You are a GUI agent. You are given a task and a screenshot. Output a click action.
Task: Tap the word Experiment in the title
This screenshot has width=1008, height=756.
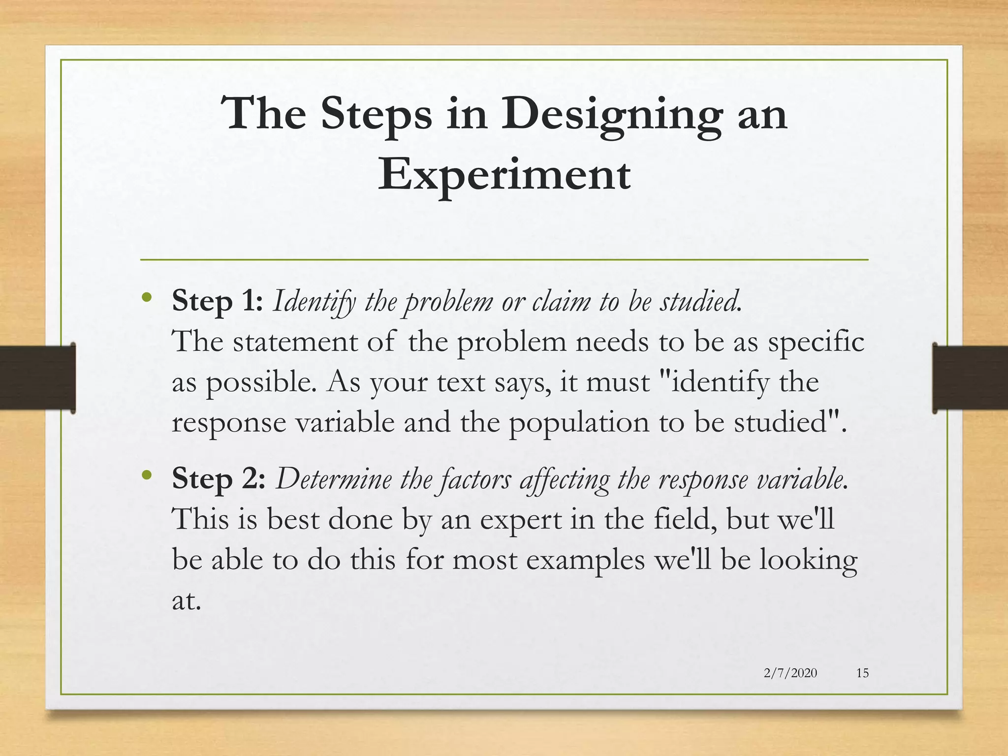pyautogui.click(x=504, y=175)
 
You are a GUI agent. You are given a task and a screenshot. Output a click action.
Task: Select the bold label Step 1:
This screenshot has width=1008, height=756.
pyautogui.click(x=217, y=301)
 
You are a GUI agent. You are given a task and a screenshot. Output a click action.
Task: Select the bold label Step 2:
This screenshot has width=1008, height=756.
pyautogui.click(x=219, y=478)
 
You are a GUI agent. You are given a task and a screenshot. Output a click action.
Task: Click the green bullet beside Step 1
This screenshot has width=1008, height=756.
pyautogui.click(x=146, y=297)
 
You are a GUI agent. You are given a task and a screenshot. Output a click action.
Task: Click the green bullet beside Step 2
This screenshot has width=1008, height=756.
pyautogui.click(x=146, y=475)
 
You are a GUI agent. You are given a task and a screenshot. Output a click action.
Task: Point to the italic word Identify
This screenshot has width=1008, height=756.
pyautogui.click(x=314, y=302)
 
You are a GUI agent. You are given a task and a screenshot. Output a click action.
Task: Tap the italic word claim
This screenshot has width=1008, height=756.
pyautogui.click(x=561, y=301)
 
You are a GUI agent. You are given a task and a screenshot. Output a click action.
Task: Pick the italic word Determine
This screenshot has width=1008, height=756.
pyautogui.click(x=334, y=478)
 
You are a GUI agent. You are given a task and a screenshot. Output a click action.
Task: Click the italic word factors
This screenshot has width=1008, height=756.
pyautogui.click(x=475, y=479)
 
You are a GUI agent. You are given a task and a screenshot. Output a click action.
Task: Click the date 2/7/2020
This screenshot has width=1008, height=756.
pyautogui.click(x=790, y=673)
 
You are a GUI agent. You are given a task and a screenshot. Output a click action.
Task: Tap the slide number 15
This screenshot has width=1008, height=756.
pyautogui.click(x=862, y=673)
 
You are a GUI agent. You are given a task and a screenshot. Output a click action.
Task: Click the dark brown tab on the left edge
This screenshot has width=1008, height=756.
pyautogui.click(x=37, y=378)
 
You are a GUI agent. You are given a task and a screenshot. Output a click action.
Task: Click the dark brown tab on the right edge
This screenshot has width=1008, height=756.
pyautogui.click(x=970, y=378)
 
